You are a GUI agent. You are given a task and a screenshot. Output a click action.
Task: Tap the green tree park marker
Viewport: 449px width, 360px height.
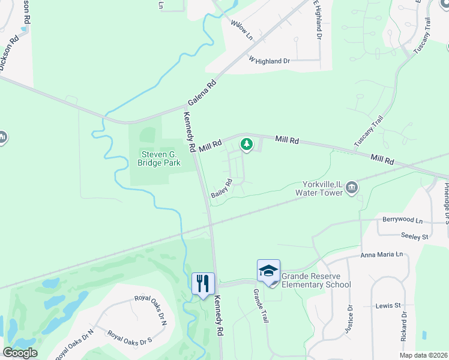[246, 144]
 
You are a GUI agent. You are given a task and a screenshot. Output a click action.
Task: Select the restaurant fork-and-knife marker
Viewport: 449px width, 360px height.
[203, 282]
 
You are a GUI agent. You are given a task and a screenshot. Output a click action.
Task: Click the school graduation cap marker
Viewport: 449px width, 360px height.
[268, 271]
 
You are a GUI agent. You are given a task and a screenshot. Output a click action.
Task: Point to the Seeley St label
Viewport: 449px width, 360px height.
[415, 236]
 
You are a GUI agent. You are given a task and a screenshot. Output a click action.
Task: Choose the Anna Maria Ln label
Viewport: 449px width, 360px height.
[381, 255]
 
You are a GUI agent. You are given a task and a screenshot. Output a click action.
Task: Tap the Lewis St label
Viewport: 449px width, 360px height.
[388, 305]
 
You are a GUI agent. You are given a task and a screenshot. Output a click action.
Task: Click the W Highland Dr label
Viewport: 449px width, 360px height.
[269, 61]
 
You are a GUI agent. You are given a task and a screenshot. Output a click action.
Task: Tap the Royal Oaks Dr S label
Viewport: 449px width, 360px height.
[130, 338]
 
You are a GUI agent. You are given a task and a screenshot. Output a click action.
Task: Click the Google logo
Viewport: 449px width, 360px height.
[20, 353]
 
